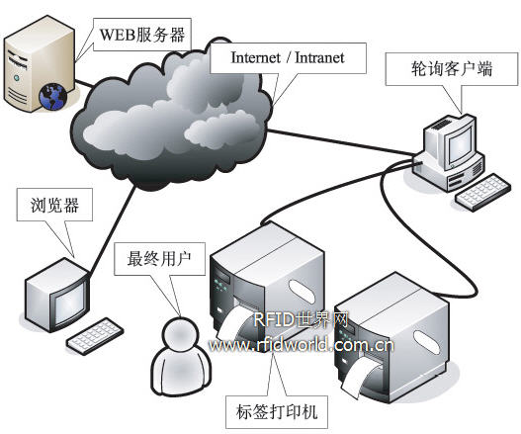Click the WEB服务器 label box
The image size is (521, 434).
tap(142, 35)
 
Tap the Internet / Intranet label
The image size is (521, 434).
tap(288, 57)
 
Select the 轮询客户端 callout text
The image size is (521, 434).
tap(452, 69)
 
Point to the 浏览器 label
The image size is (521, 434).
tap(54, 205)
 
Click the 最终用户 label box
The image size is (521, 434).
tap(159, 259)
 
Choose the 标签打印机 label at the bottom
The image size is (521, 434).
tap(277, 412)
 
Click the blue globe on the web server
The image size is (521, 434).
tap(53, 97)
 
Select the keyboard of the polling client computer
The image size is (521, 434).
tap(482, 193)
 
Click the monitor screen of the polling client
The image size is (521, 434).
tap(460, 143)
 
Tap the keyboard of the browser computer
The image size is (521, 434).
tap(95, 336)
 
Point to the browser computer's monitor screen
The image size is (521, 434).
tap(70, 304)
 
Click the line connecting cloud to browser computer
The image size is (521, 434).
tap(113, 230)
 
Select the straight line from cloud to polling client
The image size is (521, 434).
tap(341, 142)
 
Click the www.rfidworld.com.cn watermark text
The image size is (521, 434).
tap(302, 346)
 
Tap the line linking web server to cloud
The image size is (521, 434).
tap(84, 83)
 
